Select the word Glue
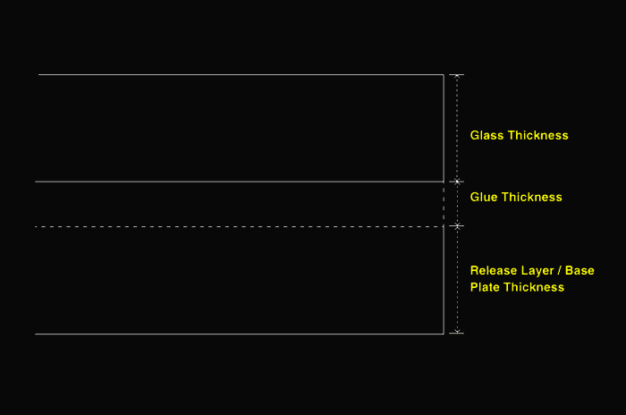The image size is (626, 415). click(484, 197)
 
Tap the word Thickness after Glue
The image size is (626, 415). click(532, 197)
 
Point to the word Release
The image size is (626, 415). click(492, 270)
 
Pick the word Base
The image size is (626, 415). click(579, 270)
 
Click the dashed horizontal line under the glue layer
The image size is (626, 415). click(240, 226)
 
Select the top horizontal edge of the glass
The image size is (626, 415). click(241, 75)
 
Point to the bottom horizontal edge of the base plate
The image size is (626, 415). click(240, 334)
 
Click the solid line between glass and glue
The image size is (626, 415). click(240, 182)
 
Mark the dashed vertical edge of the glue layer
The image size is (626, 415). click(444, 204)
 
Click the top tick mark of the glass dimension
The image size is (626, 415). click(457, 75)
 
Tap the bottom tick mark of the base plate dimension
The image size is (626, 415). click(457, 333)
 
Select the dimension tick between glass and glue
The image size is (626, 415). click(457, 182)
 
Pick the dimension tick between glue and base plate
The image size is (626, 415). click(457, 226)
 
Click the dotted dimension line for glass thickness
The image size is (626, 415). click(457, 128)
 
